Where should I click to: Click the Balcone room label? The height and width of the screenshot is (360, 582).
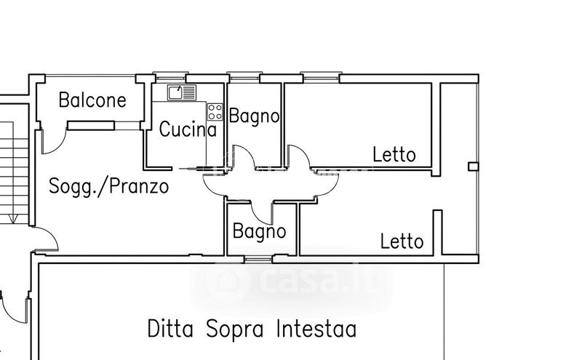(92, 100)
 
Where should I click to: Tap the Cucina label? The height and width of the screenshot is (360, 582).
(188, 129)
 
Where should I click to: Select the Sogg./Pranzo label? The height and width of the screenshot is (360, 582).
(108, 186)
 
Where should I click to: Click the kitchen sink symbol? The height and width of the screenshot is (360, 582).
(181, 92)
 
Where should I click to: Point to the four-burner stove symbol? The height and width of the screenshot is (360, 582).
(215, 112)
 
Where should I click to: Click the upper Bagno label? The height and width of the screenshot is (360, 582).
(254, 116)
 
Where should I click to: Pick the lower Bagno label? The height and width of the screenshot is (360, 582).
(260, 231)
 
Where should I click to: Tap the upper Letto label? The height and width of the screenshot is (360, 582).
(394, 154)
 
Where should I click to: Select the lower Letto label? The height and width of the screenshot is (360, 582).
(402, 241)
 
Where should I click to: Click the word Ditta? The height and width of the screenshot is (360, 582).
(170, 329)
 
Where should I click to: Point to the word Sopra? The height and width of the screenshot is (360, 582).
(235, 329)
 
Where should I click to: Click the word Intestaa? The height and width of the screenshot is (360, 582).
(316, 329)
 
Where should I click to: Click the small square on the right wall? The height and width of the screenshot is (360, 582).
(474, 167)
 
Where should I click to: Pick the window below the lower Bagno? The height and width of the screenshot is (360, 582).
(258, 259)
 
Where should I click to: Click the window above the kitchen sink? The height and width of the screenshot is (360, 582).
(170, 77)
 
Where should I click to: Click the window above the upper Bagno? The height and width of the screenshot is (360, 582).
(244, 77)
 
